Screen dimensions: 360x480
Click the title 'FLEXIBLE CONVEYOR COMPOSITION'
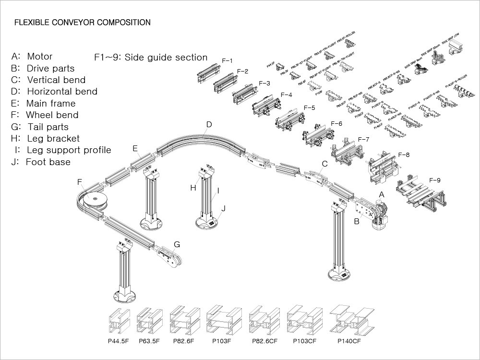pyautogui.click(x=83, y=23)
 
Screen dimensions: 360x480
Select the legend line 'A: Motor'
pyautogui.click(x=32, y=57)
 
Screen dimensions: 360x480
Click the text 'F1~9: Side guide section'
pyautogui.click(x=151, y=58)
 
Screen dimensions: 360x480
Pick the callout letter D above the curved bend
pyautogui.click(x=209, y=125)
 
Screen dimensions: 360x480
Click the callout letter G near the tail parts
pyautogui.click(x=177, y=245)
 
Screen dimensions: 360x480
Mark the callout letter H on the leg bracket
pyautogui.click(x=193, y=188)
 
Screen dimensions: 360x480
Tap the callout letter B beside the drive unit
pyautogui.click(x=357, y=222)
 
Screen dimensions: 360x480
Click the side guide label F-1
pyautogui.click(x=227, y=61)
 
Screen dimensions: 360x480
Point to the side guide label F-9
pyautogui.click(x=434, y=180)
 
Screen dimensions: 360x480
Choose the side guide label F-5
pyautogui.click(x=310, y=108)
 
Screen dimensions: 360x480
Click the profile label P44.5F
pyautogui.click(x=118, y=342)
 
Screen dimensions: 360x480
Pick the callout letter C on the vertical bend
pyautogui.click(x=324, y=164)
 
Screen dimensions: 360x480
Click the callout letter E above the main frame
pyautogui.click(x=135, y=149)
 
